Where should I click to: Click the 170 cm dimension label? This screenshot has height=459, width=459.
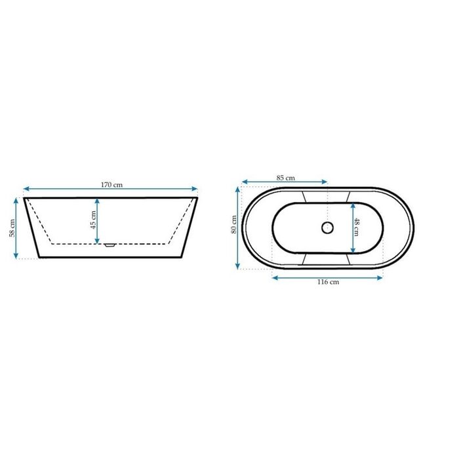[x=112, y=185]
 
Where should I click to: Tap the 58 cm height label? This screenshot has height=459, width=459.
[x=12, y=228]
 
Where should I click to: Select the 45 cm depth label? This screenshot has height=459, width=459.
[x=93, y=220]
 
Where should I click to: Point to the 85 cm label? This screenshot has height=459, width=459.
[x=286, y=178]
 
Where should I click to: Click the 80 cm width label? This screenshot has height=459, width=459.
[x=234, y=224]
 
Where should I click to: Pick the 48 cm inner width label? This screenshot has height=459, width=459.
[x=356, y=227]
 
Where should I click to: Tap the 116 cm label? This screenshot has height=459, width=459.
[x=328, y=281]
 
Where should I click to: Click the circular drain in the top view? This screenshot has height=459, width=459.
[x=327, y=228]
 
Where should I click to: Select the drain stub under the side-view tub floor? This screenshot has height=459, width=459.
[x=110, y=245]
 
